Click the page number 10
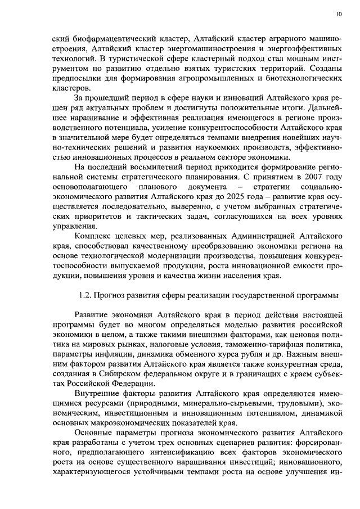(x=338, y=13)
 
